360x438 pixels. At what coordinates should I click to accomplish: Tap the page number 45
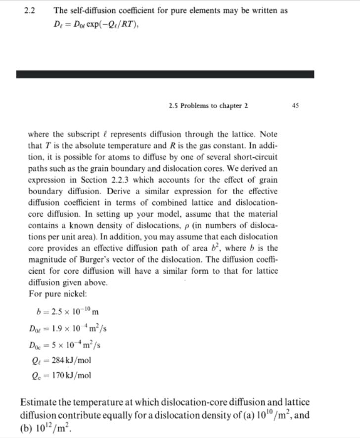click(x=296, y=105)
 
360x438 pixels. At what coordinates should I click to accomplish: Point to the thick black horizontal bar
click(x=165, y=74)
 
